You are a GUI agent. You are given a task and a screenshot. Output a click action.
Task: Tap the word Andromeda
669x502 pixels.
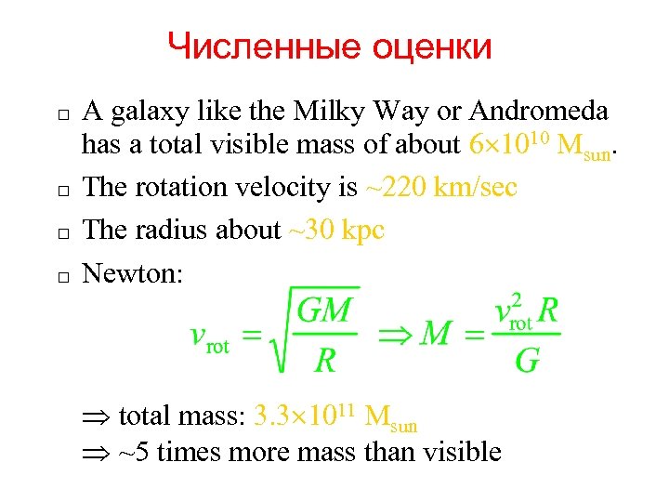tap(539, 111)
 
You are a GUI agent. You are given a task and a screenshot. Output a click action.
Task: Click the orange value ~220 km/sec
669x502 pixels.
tap(441, 188)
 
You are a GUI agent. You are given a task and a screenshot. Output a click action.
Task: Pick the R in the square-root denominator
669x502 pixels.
tap(324, 360)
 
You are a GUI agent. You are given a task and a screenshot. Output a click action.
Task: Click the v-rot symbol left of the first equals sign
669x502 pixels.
tap(208, 337)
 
